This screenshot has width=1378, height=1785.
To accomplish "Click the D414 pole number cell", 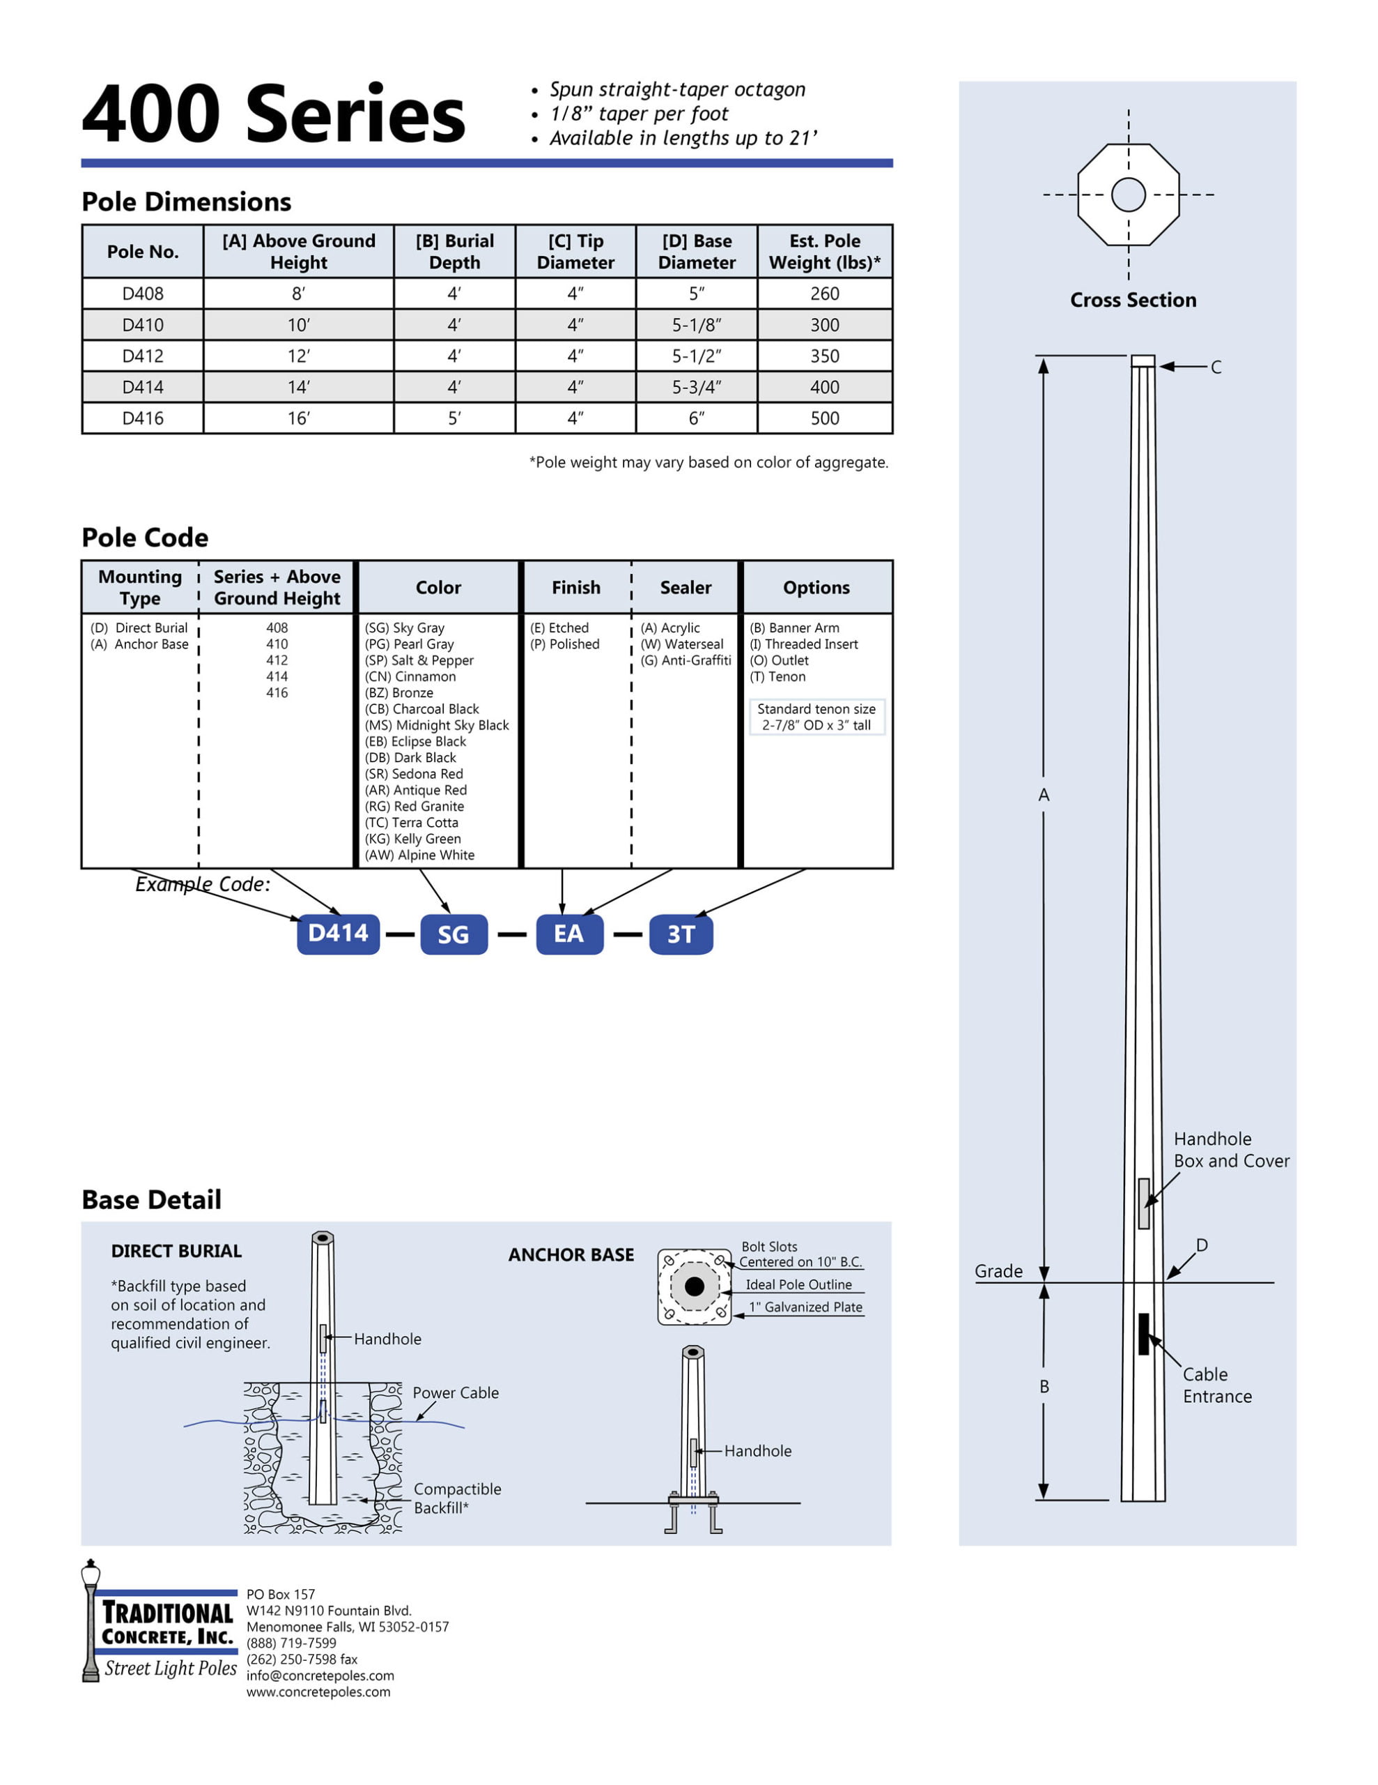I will tap(143, 386).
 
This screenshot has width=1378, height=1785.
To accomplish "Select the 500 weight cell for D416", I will tap(824, 418).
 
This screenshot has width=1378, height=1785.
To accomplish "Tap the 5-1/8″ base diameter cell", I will tap(696, 324).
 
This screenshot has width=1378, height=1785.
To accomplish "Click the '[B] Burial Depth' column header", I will tap(454, 251).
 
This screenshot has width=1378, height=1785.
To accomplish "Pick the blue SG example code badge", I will tap(454, 934).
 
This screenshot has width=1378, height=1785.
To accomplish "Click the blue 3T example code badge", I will tap(681, 934).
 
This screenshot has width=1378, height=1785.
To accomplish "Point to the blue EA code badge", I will tap(569, 934).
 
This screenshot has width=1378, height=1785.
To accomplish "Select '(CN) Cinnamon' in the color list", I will tap(410, 676).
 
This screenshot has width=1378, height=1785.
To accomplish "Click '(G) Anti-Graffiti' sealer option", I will tap(686, 660).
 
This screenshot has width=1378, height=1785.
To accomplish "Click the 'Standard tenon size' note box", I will tap(816, 717).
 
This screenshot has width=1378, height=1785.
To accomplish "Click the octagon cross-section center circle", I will tap(1128, 195).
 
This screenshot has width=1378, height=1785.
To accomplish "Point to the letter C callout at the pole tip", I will tap(1216, 367).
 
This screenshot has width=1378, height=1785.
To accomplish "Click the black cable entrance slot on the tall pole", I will tap(1143, 1333).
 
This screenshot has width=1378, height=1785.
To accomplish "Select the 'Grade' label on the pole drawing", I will tap(998, 1271).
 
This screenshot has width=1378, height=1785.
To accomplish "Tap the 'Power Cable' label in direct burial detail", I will tap(455, 1392).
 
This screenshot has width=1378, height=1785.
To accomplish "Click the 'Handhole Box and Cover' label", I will tap(1231, 1150).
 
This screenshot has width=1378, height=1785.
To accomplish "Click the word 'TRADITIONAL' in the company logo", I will tap(167, 1613).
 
